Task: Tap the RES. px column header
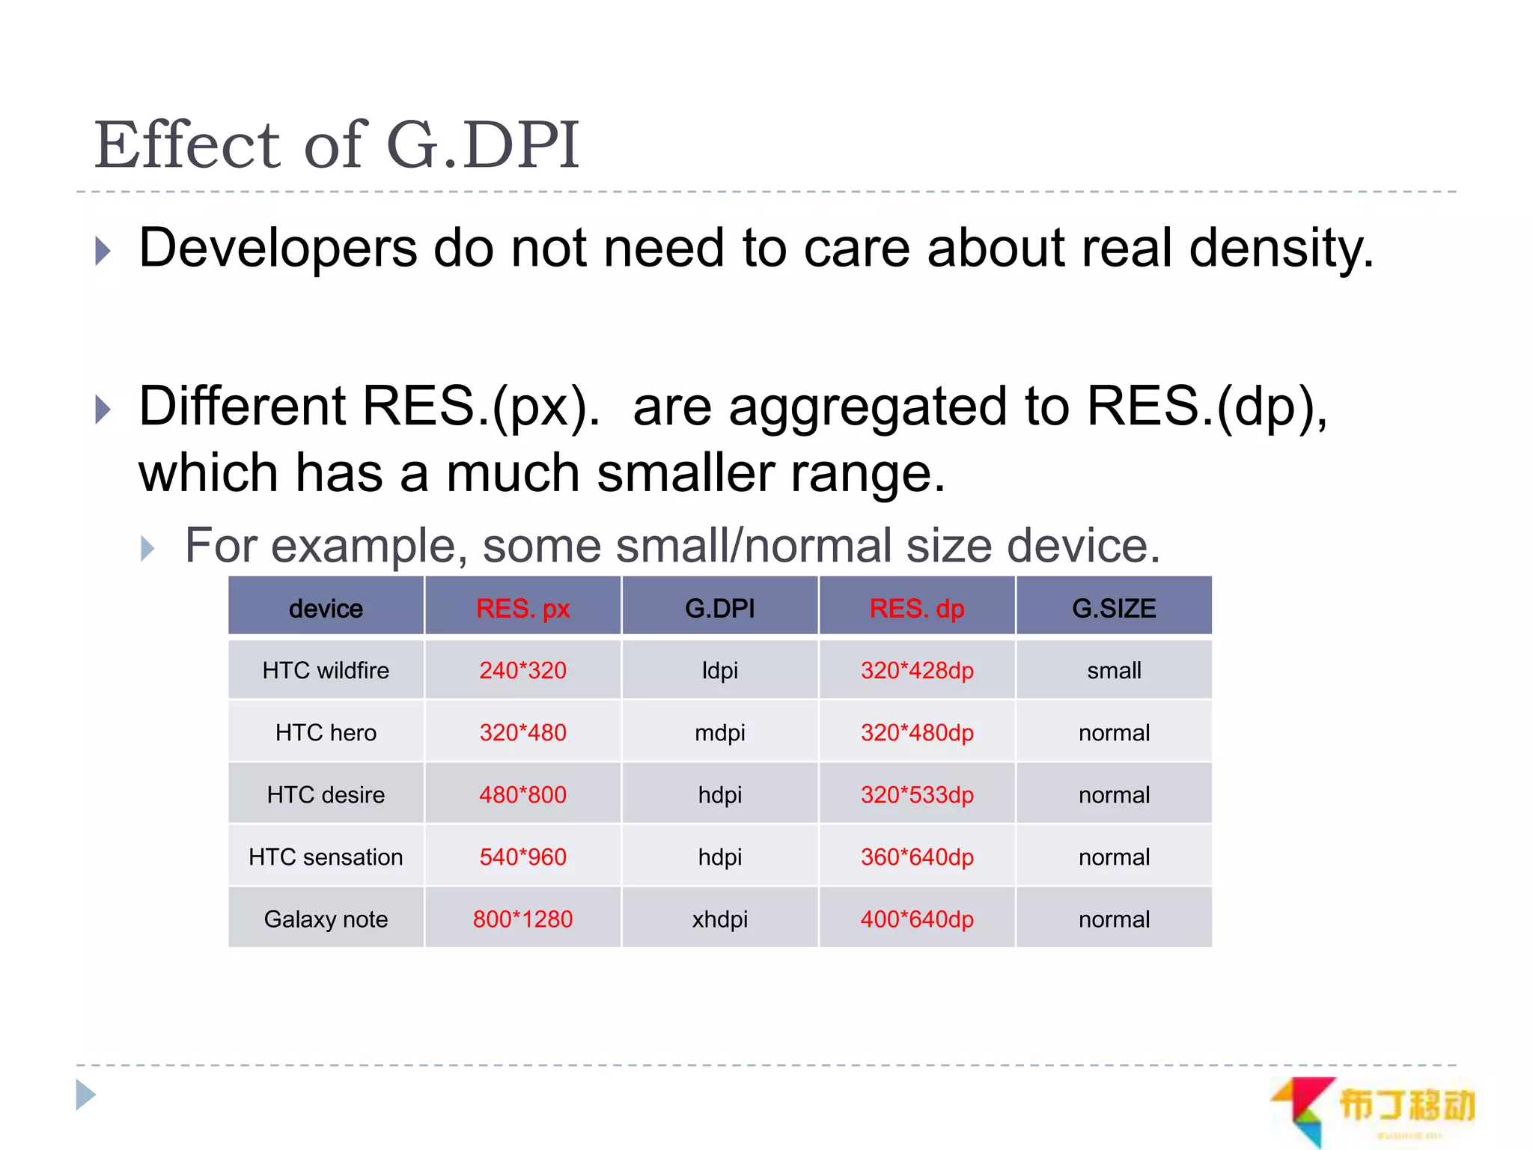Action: click(522, 608)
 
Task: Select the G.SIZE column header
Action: click(1114, 608)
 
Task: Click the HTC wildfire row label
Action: click(326, 670)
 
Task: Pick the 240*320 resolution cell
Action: click(522, 670)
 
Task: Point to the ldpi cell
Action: click(720, 670)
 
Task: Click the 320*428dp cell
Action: click(917, 670)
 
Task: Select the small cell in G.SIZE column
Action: click(1114, 670)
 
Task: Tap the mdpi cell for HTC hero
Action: click(720, 732)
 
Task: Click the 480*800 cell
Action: click(522, 794)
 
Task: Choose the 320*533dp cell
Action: click(917, 794)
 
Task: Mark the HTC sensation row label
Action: click(326, 857)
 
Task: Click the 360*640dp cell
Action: click(917, 857)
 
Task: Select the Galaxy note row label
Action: click(326, 919)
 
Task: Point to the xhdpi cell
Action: click(720, 919)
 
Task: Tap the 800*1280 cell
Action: click(522, 919)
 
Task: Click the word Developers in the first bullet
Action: click(278, 249)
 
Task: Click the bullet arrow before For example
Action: click(147, 549)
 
